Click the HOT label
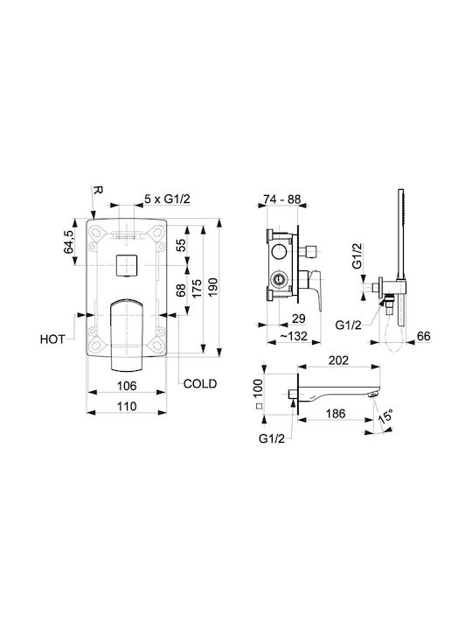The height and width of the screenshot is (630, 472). (52, 339)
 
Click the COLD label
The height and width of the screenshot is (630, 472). (200, 384)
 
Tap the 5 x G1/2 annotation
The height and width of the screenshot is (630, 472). (167, 199)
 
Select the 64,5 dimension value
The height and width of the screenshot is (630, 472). (69, 241)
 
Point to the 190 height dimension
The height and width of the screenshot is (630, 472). (212, 287)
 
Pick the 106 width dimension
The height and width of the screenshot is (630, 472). (127, 386)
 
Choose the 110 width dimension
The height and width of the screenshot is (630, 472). (127, 406)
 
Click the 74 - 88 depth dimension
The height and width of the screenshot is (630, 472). (281, 199)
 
